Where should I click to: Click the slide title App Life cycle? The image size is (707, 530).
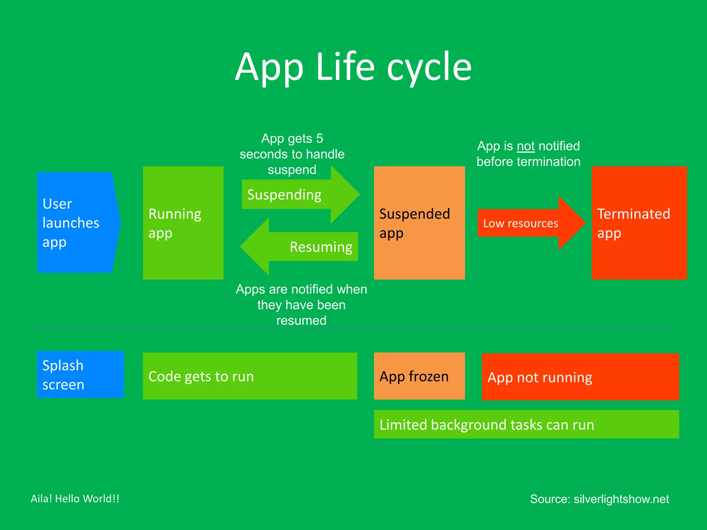[353, 67]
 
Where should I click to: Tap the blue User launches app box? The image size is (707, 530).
[76, 223]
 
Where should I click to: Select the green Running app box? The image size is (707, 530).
[183, 223]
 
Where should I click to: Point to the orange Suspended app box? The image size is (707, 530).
[419, 223]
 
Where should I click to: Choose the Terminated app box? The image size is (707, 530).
[639, 223]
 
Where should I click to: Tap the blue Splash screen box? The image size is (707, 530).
[80, 375]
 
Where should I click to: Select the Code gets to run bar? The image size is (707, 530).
[250, 376]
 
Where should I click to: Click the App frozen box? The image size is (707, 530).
[419, 376]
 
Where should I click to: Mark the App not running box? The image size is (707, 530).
[580, 377]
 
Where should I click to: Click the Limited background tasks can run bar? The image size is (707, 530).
[526, 424]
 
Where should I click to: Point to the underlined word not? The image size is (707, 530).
[525, 146]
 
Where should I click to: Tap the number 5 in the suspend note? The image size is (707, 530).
[319, 139]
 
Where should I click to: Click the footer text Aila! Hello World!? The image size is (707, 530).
[75, 499]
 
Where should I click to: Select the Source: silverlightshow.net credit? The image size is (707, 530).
[599, 499]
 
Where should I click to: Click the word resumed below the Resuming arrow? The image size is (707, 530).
[301, 321]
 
